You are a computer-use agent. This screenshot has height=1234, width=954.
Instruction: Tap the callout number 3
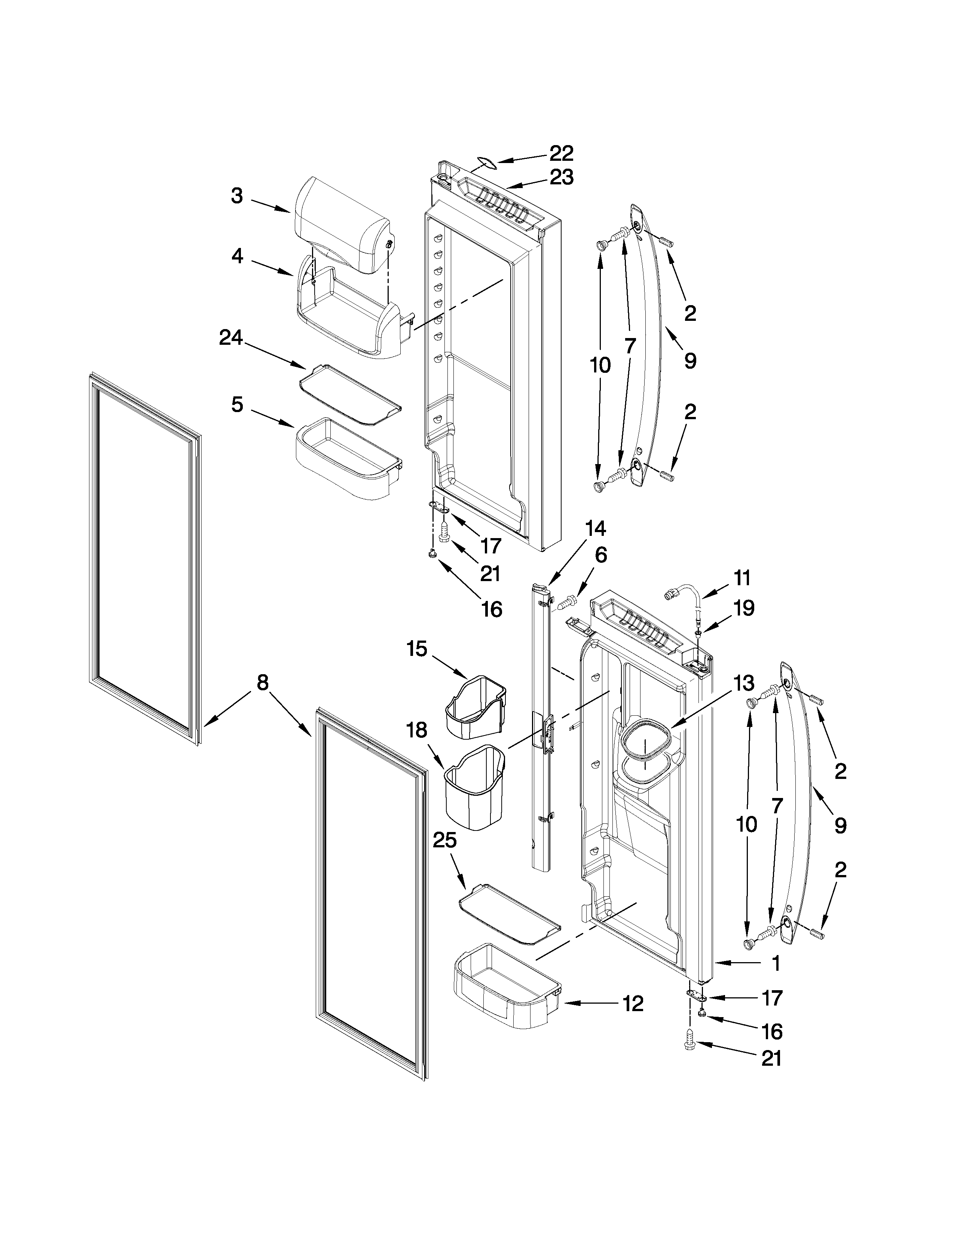[237, 196]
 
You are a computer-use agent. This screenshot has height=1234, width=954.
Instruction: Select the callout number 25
[445, 857]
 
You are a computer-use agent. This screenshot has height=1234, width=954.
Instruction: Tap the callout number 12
[633, 1004]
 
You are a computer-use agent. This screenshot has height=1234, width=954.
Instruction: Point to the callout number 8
[262, 683]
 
